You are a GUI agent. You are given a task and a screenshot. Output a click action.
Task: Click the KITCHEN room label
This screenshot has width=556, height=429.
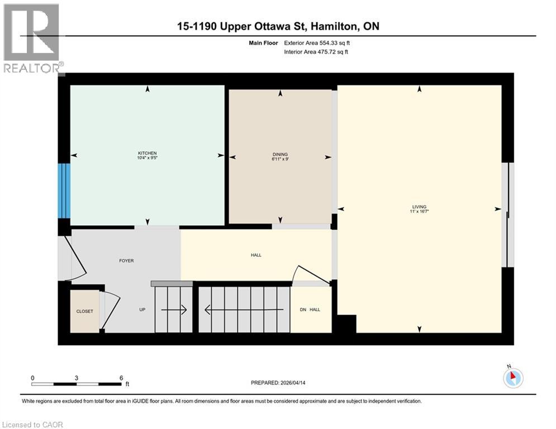click(148, 153)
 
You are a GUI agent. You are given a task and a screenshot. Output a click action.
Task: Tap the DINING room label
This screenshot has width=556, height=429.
click(281, 154)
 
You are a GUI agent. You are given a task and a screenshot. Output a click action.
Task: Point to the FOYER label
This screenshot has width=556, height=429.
click(126, 260)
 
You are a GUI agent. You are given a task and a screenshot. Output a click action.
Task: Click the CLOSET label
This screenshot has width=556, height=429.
click(85, 311)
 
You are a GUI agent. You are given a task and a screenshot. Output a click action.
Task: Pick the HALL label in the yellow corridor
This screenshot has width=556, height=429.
click(256, 255)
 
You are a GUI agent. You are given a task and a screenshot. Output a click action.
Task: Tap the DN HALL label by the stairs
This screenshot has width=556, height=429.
click(311, 309)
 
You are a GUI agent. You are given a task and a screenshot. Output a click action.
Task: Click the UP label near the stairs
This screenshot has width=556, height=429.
click(142, 309)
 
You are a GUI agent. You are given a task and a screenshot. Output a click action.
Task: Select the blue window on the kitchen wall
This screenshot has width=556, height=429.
click(64, 190)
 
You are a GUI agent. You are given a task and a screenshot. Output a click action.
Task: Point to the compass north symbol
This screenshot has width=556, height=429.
click(512, 377)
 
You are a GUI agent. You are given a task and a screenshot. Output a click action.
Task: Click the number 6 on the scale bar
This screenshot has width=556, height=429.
click(121, 378)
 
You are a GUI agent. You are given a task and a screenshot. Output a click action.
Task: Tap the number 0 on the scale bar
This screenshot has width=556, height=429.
click(32, 378)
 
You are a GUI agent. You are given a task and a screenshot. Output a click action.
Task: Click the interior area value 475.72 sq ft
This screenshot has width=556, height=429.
click(335, 52)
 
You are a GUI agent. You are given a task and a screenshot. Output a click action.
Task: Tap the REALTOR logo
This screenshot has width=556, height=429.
click(32, 39)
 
